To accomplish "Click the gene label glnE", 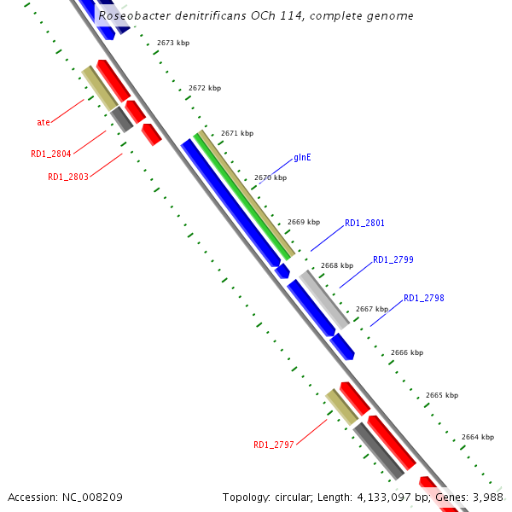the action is click(x=302, y=158).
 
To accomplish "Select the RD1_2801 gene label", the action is click(x=364, y=224).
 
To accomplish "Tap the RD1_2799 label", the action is click(x=393, y=259).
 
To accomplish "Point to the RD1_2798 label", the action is click(x=423, y=298).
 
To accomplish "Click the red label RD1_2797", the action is click(x=273, y=445).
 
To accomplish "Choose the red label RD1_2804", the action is click(x=50, y=154).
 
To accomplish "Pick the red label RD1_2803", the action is click(x=67, y=177).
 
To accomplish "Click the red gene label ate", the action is click(x=43, y=122).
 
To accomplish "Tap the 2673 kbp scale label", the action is click(x=172, y=43).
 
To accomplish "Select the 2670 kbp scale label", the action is click(x=270, y=178).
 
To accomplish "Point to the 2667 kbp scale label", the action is click(x=371, y=309).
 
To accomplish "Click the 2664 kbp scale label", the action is click(x=477, y=437).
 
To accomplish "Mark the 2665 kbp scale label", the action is click(x=441, y=396).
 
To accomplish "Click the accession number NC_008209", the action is click(x=90, y=497).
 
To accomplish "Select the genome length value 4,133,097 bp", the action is click(x=393, y=497).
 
